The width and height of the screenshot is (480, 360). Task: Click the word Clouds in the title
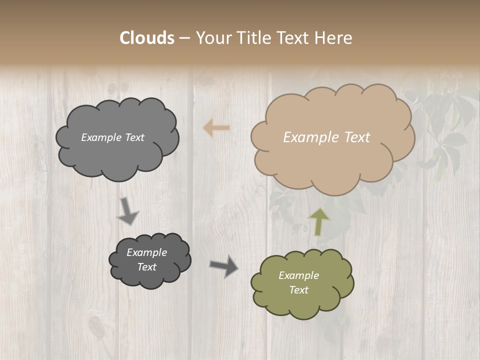click(147, 38)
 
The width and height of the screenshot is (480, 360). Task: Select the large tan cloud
click(332, 160)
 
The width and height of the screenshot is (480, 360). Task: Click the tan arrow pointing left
click(216, 128)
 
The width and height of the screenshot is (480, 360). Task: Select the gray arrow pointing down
click(127, 210)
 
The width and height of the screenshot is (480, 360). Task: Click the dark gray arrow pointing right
click(224, 265)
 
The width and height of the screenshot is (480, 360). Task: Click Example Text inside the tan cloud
click(326, 137)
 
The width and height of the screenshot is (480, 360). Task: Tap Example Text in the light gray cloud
click(112, 137)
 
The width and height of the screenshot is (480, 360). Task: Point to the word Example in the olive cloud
click(298, 275)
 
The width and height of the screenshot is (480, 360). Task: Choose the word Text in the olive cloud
click(298, 290)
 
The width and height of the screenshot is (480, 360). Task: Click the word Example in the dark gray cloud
click(146, 252)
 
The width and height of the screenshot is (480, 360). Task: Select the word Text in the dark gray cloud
click(146, 267)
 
